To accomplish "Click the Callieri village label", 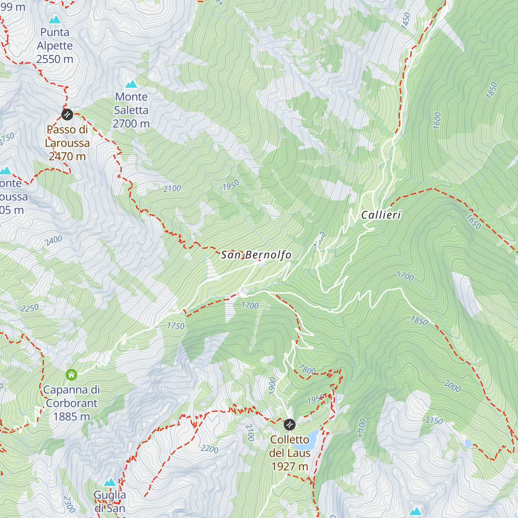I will pos(381,215).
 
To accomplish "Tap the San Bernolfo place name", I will pos(256,255).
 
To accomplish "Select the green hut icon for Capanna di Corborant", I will pos(71,375).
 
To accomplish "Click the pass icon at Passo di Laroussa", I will pos(67,114).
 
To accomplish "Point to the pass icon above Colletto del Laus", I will pos(290,425).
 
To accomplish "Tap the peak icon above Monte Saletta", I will pos(131,84).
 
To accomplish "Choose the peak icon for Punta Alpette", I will pos(54,19).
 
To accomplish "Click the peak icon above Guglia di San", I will pos(110,482).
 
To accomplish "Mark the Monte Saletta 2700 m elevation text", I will pos(131,124).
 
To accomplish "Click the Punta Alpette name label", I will pos(55,39).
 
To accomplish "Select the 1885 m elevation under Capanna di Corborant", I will pos(72,417).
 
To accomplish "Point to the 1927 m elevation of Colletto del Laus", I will pos(290,467).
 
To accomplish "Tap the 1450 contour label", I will pos(406,21).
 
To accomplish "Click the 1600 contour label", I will pos(437,120).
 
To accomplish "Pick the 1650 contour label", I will pos(474,222).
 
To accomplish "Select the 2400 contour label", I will pos(53,240).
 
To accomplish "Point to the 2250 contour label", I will pos(29,308).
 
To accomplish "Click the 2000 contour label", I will pos(452,386).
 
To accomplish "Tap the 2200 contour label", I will pos(209,449).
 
